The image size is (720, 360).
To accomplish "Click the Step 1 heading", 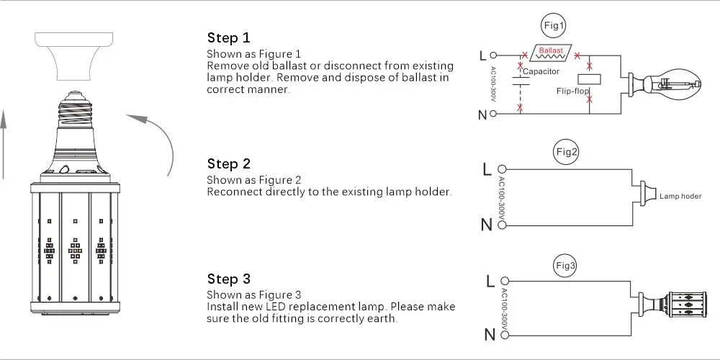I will [x=229, y=38].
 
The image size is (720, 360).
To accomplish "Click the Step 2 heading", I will [x=229, y=164].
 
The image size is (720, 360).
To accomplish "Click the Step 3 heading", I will [x=229, y=279].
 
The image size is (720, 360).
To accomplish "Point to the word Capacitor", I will [x=541, y=72].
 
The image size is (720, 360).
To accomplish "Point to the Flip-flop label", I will [x=573, y=91].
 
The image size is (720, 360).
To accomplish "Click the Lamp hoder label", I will [x=680, y=196].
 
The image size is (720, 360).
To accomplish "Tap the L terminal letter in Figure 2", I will [x=487, y=170].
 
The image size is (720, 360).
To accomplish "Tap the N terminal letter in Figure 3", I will [x=490, y=334].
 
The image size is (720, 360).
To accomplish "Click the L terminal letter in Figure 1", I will [x=482, y=55].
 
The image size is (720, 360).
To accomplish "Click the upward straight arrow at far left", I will [x=4, y=144].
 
